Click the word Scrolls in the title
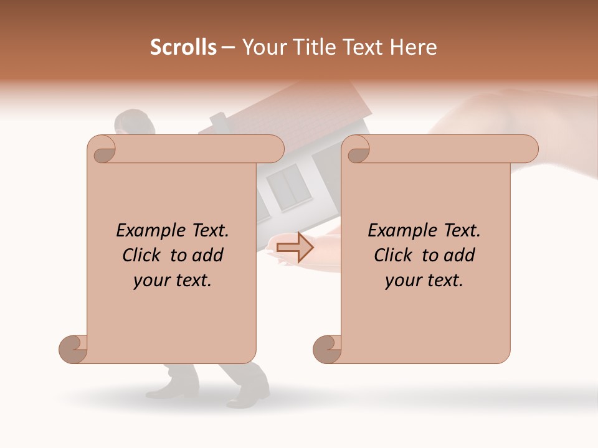[184, 47]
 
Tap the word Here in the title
[414, 47]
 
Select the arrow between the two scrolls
[295, 248]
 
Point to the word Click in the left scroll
[144, 255]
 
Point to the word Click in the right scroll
[396, 255]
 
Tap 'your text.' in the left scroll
[173, 281]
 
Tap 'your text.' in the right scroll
[424, 281]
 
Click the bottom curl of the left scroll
[73, 349]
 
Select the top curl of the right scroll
[358, 150]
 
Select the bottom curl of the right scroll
[327, 349]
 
